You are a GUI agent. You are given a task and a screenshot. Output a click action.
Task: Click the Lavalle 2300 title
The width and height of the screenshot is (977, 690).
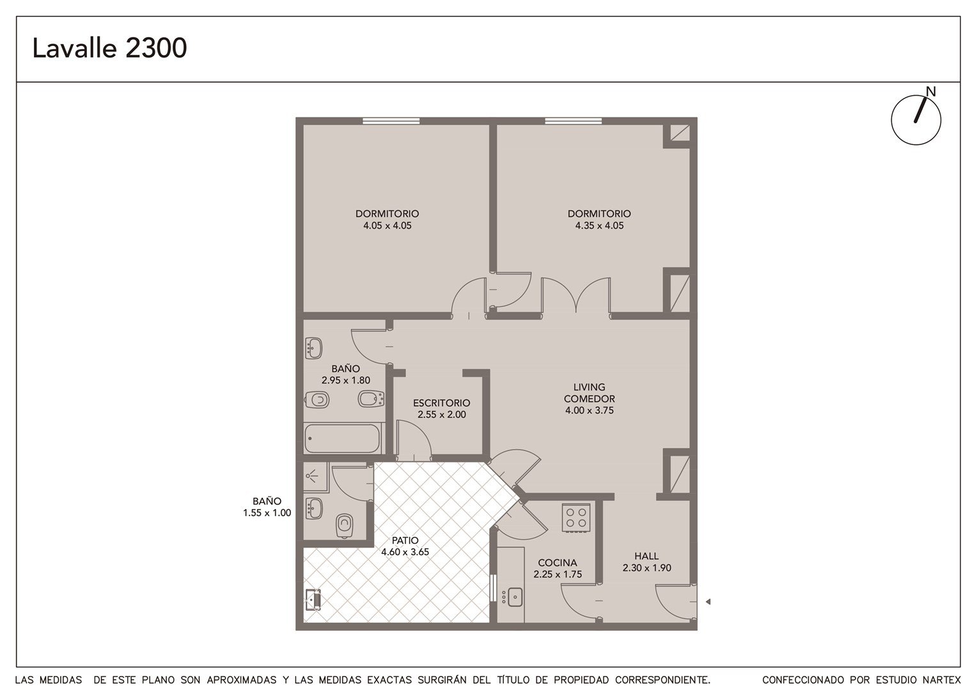point(110,48)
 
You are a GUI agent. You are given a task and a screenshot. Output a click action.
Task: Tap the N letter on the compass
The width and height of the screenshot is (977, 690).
point(931,91)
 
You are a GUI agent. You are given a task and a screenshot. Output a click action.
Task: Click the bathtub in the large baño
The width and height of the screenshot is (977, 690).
point(342,438)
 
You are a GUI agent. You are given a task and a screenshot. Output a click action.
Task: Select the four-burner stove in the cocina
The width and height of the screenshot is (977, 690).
point(576,517)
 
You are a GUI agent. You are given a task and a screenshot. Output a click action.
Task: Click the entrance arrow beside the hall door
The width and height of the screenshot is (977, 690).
point(708,602)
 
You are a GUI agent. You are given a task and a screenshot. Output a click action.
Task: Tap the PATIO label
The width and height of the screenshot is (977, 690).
point(405,540)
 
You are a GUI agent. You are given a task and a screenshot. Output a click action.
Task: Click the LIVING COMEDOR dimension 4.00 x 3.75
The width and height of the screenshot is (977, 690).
point(590,410)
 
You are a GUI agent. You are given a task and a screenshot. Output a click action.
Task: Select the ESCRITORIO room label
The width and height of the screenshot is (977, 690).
point(441,402)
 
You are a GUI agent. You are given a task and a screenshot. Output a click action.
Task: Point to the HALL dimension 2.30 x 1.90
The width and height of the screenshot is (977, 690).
point(647,567)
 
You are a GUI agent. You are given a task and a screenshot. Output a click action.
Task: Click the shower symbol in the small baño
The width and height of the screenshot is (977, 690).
point(312,477)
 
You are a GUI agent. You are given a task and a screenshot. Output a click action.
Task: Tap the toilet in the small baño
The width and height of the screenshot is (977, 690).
point(345,526)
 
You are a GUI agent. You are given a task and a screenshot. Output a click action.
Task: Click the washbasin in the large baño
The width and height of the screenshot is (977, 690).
point(313,348)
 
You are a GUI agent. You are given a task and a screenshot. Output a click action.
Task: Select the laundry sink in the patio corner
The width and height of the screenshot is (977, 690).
point(313,599)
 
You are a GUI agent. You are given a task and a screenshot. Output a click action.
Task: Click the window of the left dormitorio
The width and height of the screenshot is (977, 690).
point(391,121)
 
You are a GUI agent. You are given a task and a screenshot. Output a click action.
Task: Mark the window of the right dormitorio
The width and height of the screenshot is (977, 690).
point(574,121)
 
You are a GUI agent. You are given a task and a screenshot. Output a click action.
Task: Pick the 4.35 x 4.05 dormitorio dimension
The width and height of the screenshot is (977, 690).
point(599,226)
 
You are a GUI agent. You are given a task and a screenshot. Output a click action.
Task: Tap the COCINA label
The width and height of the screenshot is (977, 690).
point(558,563)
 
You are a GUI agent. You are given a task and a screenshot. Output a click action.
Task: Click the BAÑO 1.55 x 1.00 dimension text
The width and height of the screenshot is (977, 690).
point(267,512)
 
